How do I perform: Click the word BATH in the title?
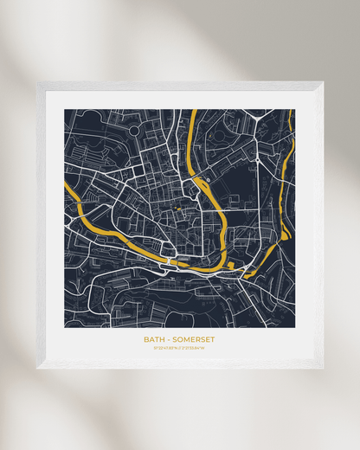pyautogui.click(x=153, y=339)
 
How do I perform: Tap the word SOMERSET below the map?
pyautogui.click(x=191, y=339)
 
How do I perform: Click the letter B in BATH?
pyautogui.click(x=146, y=339)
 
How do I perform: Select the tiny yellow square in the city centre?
pyautogui.click(x=180, y=208)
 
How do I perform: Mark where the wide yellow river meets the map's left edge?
pyautogui.click(x=66, y=185)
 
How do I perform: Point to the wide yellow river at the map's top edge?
pyautogui.click(x=192, y=111)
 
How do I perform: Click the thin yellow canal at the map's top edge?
pyautogui.click(x=291, y=111)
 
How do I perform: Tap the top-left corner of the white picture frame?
pyautogui.click(x=37, y=83)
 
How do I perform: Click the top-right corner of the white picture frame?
pyautogui.click(x=323, y=82)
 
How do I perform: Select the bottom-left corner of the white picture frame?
pyautogui.click(x=37, y=369)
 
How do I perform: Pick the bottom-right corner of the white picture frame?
pyautogui.click(x=323, y=369)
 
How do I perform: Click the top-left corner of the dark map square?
pyautogui.click(x=65, y=110)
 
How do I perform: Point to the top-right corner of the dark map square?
pyautogui.click(x=294, y=110)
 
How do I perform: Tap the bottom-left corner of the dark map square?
pyautogui.click(x=65, y=327)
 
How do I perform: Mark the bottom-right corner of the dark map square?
pyautogui.click(x=294, y=327)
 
